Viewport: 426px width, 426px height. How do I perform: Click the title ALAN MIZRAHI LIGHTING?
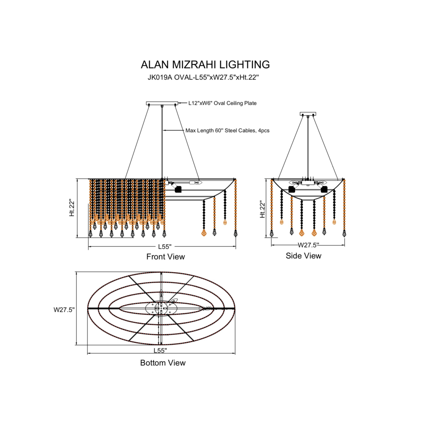[x=205, y=64]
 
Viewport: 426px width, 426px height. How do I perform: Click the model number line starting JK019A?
[x=203, y=78]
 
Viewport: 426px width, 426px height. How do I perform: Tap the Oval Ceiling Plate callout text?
[x=222, y=103]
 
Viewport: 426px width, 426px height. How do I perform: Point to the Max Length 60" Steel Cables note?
[x=228, y=131]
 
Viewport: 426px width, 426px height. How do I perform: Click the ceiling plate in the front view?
[x=162, y=103]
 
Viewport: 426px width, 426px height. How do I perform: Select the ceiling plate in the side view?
[x=308, y=114]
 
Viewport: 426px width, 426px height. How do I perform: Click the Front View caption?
[x=165, y=257]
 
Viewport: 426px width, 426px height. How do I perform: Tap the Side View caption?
[x=303, y=256]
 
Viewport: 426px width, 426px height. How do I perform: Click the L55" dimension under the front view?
[x=165, y=246]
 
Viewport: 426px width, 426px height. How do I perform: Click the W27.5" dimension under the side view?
[x=308, y=245]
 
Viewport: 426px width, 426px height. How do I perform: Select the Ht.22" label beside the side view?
[x=262, y=209]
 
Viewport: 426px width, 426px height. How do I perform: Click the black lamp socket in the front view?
[x=178, y=190]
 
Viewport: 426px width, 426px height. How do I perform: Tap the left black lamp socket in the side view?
[x=292, y=190]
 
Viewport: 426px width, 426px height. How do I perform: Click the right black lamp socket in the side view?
[x=324, y=190]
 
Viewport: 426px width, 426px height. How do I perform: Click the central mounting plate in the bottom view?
[x=161, y=308]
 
